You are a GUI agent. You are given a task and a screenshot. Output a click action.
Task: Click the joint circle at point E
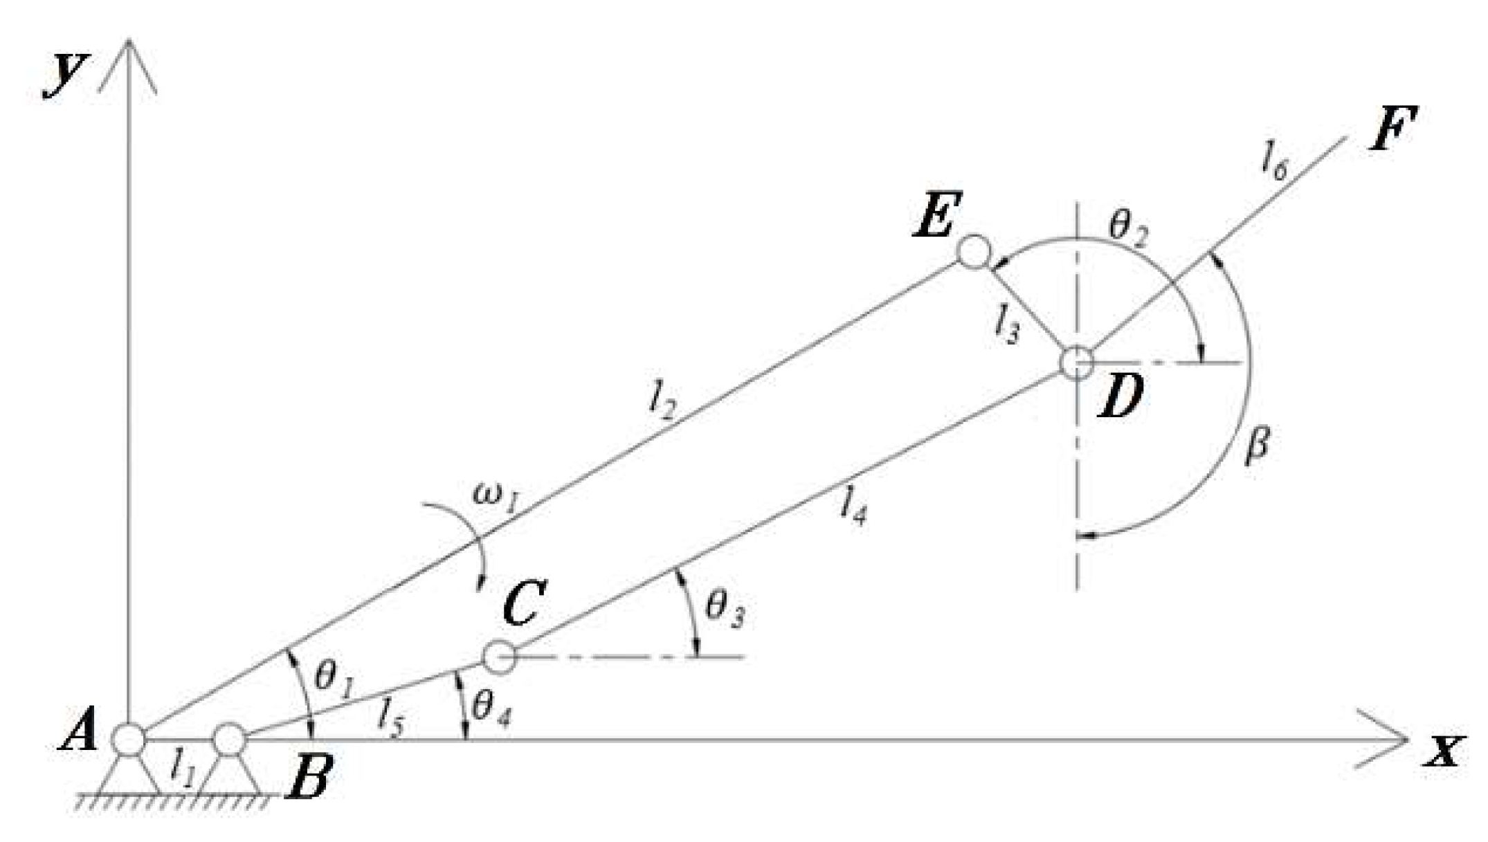pyautogui.click(x=974, y=252)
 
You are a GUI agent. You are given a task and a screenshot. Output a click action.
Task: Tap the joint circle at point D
pyautogui.click(x=1077, y=362)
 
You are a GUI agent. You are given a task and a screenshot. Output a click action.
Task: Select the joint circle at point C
pyautogui.click(x=499, y=657)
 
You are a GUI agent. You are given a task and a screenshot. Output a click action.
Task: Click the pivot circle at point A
pyautogui.click(x=129, y=740)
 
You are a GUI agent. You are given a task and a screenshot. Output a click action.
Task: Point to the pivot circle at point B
pyautogui.click(x=230, y=740)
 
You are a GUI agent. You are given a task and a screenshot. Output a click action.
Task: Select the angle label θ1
pyautogui.click(x=334, y=678)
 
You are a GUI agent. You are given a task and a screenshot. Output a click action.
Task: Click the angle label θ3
pyautogui.click(x=724, y=610)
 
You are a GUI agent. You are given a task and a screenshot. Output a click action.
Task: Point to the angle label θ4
pyautogui.click(x=491, y=709)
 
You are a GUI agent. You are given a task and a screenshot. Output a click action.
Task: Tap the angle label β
pyautogui.click(x=1257, y=446)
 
